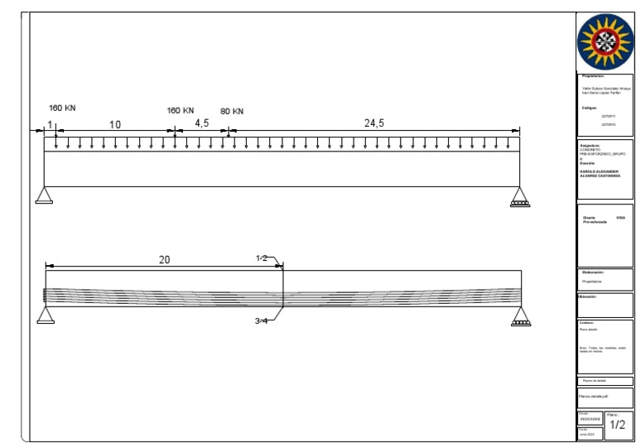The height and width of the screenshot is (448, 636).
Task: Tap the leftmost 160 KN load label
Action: click(63, 108)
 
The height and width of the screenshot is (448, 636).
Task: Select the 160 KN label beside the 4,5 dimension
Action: click(181, 110)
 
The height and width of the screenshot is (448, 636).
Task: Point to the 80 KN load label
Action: click(232, 111)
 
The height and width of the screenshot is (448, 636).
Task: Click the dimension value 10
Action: click(115, 125)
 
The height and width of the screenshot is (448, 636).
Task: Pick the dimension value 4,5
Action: click(201, 123)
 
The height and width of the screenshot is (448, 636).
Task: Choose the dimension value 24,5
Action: click(374, 123)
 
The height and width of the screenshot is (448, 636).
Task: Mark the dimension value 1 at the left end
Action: click(50, 125)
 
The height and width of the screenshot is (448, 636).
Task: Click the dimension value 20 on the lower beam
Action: click(165, 260)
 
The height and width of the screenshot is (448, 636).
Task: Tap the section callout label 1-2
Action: click(262, 258)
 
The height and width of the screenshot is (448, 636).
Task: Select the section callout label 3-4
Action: click(261, 320)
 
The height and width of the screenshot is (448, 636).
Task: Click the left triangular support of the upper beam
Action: click(44, 195)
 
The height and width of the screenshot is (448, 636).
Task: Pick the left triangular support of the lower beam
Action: click(44, 316)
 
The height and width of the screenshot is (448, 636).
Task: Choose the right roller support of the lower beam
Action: click(520, 316)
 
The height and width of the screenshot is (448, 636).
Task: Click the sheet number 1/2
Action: click(617, 425)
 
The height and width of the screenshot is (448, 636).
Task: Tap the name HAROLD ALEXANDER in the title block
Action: click(595, 171)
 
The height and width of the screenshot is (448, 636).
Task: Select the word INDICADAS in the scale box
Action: click(590, 419)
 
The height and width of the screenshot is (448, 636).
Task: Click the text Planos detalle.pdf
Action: click(595, 397)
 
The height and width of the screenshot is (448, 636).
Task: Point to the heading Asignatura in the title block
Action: click(590, 145)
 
